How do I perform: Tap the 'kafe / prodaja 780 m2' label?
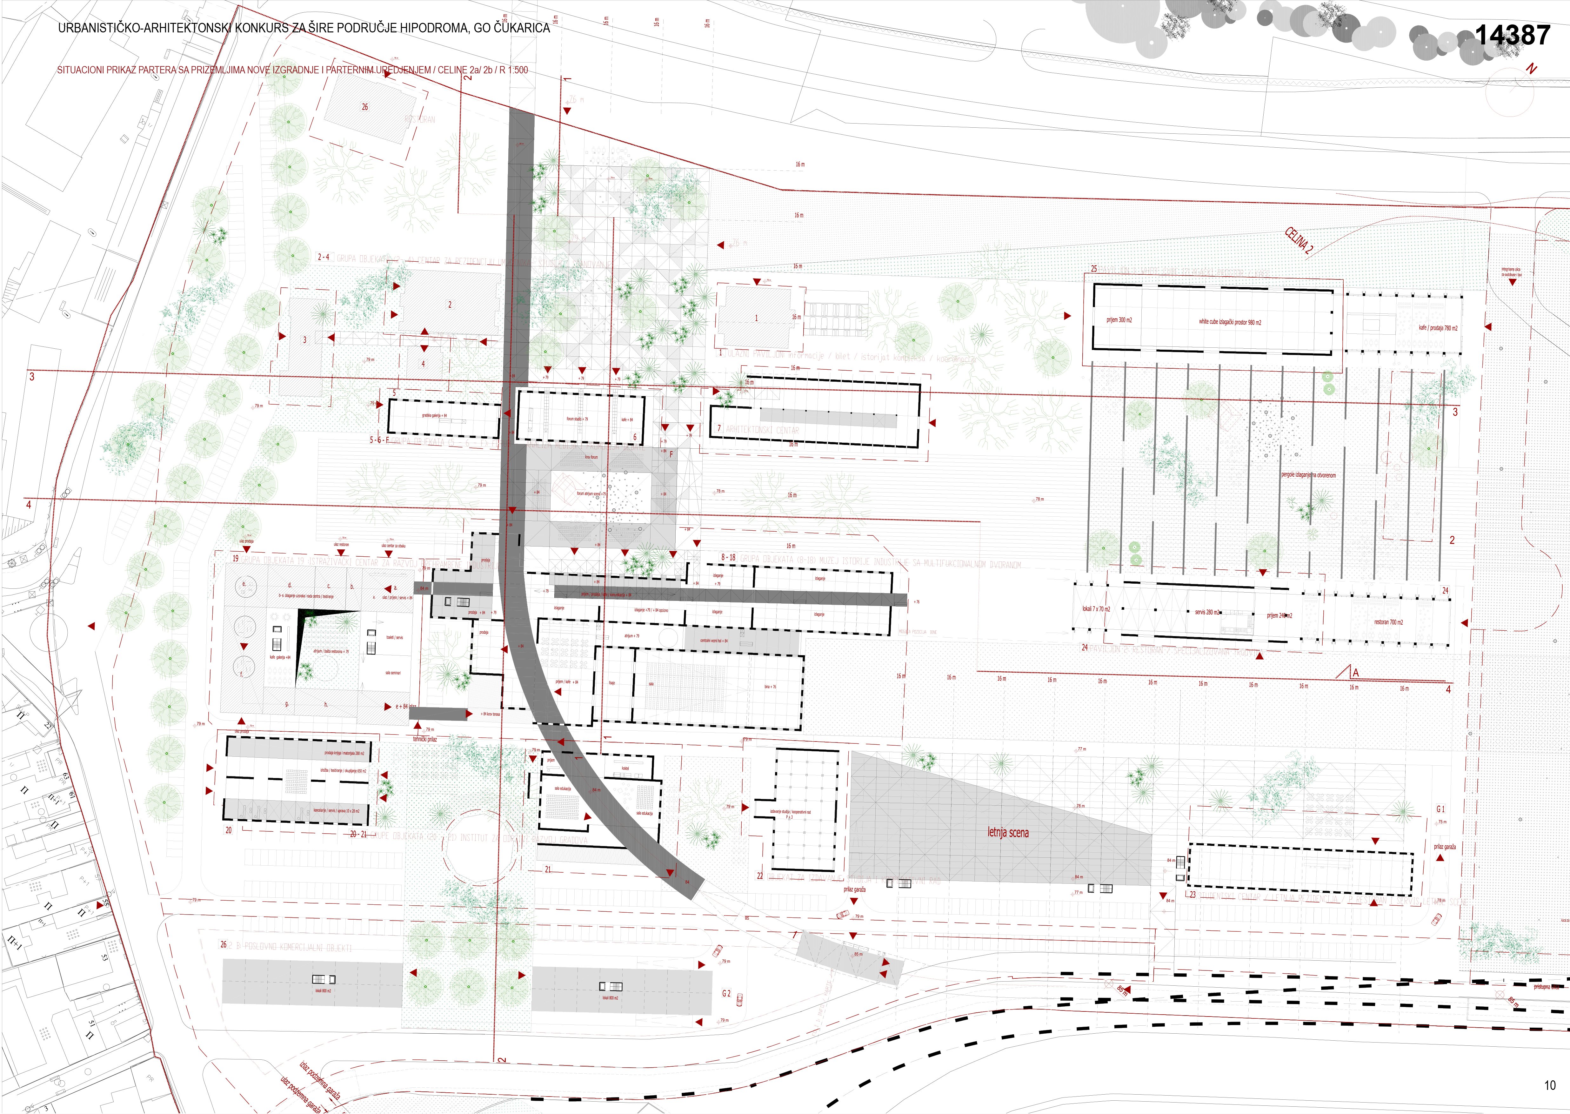point(1438,328)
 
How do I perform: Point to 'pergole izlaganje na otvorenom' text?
point(1308,475)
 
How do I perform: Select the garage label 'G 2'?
point(726,993)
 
